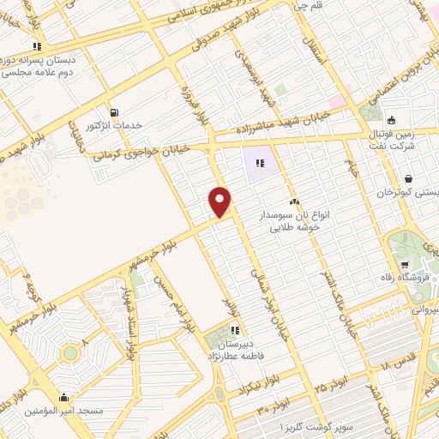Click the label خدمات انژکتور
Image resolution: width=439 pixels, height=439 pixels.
[113, 126]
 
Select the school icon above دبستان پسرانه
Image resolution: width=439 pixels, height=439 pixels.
[37, 46]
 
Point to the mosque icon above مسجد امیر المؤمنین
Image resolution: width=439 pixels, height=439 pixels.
[63, 397]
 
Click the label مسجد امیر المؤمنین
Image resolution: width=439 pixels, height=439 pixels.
[65, 411]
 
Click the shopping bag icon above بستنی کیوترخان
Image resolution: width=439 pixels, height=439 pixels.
[407, 179]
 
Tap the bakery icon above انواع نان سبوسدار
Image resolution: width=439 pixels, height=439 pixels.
[294, 201]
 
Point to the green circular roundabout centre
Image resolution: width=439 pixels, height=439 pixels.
[69, 352]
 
